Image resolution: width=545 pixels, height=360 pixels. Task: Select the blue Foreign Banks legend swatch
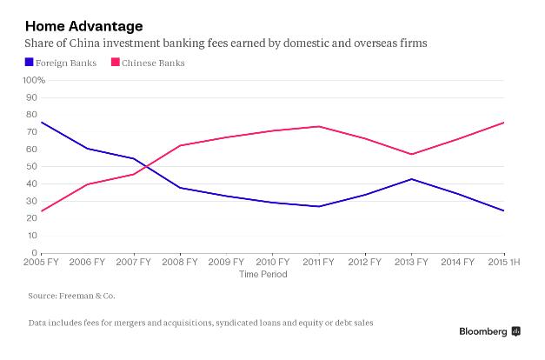point(30,62)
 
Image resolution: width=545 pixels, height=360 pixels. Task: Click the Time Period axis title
point(262,276)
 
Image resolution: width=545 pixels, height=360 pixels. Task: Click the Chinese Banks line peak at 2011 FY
point(320,126)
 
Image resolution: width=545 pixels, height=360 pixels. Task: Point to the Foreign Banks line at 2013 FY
point(412,179)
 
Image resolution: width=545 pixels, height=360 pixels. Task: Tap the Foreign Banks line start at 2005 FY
point(41,122)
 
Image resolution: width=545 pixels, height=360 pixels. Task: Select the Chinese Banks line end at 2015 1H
point(504,122)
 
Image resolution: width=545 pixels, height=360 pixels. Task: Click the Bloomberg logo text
point(482,332)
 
